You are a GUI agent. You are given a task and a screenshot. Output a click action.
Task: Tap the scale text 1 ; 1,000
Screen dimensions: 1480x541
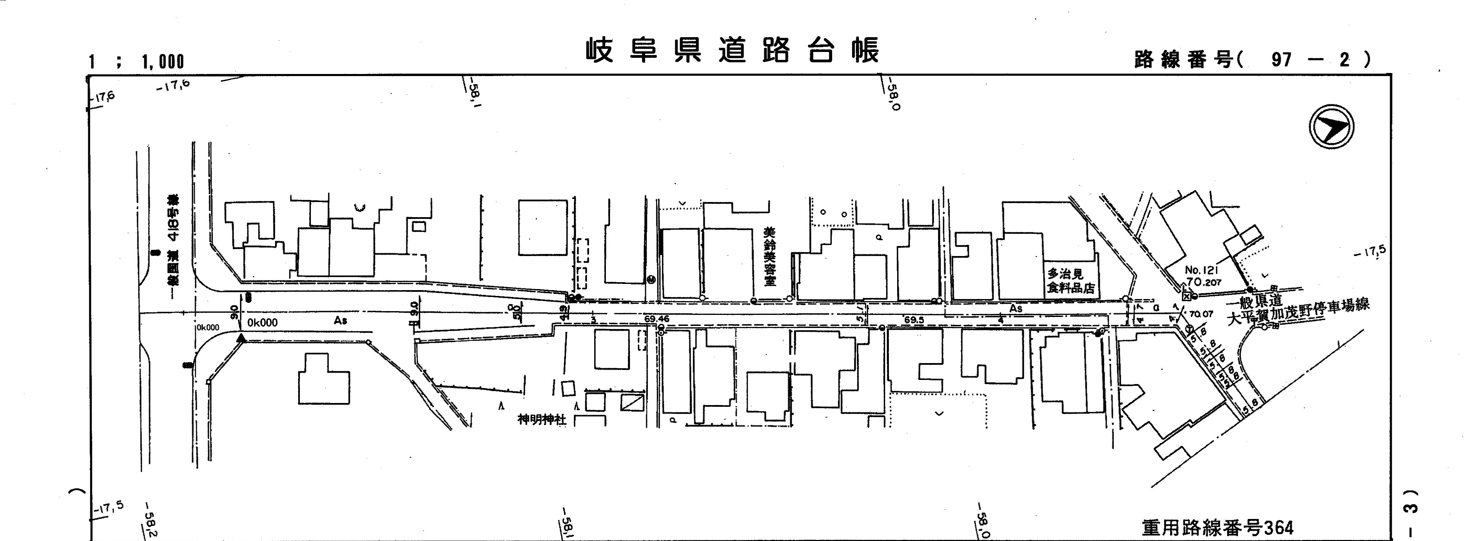(136, 62)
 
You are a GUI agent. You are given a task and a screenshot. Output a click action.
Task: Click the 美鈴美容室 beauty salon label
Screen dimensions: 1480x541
(769, 256)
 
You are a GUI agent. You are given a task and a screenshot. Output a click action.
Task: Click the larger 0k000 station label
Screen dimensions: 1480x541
(263, 323)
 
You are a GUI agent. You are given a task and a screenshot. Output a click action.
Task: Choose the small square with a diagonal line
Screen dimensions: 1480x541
(632, 403)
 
